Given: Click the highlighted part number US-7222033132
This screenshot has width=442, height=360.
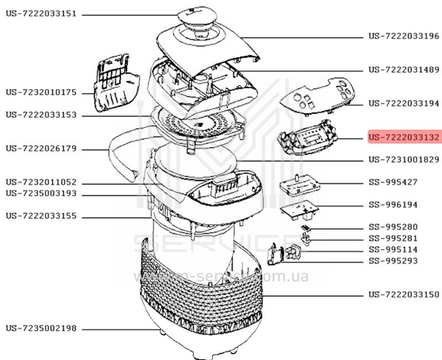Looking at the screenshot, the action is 404,137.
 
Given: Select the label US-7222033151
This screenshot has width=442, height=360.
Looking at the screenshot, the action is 41,13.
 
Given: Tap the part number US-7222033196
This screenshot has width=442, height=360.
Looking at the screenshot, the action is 404,36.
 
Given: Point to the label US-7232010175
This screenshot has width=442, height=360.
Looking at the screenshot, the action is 41,92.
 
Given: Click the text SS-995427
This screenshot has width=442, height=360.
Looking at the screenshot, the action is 393,182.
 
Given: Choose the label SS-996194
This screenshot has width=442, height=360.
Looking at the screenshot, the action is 393,205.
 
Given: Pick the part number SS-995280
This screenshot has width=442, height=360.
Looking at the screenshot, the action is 393,227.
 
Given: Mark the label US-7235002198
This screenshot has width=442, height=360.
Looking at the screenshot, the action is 41,328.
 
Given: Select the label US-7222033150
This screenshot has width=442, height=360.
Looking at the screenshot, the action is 404,295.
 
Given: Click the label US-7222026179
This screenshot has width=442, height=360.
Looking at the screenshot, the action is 41,148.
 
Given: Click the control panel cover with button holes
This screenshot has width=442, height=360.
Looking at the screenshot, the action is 317,96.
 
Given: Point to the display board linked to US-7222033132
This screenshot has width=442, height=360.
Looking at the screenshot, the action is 307,137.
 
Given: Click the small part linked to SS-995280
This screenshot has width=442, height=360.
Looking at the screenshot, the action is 305,227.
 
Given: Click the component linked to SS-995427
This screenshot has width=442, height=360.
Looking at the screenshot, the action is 300,185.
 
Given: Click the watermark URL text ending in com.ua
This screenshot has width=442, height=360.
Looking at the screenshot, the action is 222,276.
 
